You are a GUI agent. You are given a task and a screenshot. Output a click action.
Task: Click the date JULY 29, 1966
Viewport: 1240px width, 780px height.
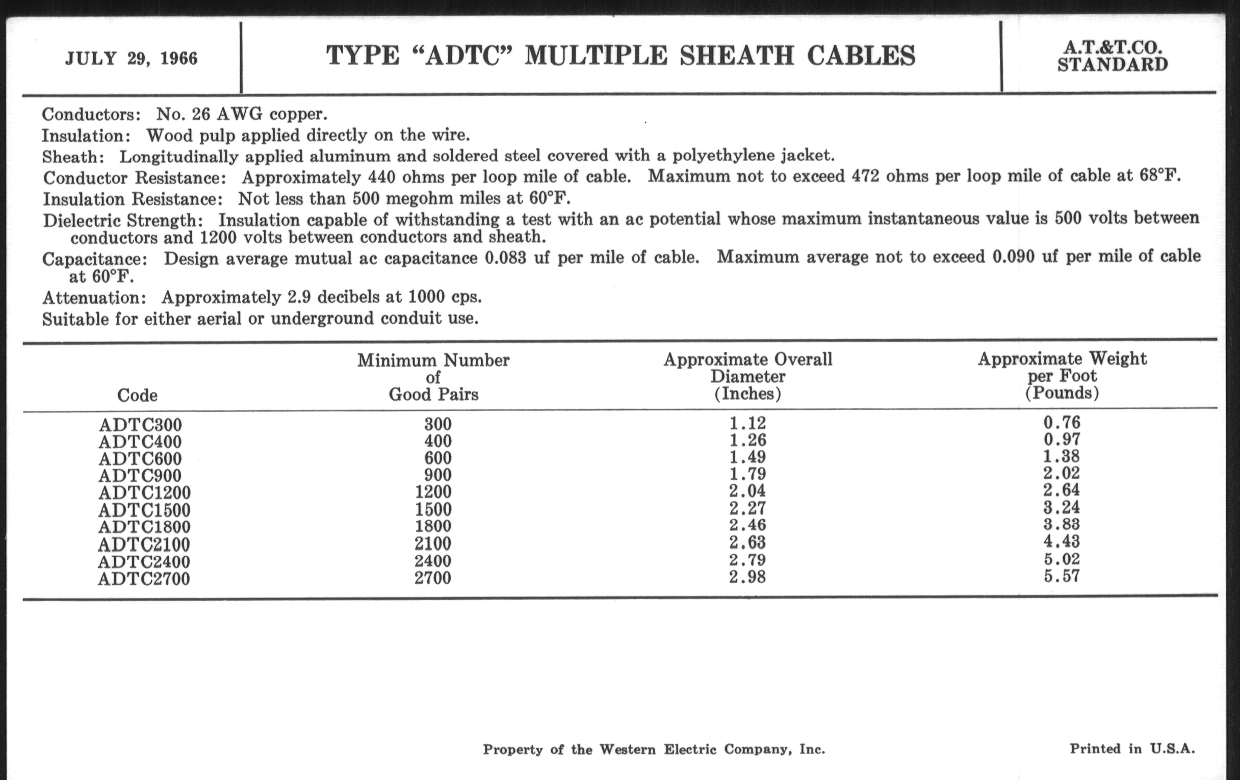click(x=132, y=58)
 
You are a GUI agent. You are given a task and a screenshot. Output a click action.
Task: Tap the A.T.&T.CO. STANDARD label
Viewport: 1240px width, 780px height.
click(x=1113, y=57)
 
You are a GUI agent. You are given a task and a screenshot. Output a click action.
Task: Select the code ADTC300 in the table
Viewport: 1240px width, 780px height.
click(x=140, y=425)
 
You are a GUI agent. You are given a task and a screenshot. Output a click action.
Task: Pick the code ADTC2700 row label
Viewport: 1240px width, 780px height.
click(x=144, y=579)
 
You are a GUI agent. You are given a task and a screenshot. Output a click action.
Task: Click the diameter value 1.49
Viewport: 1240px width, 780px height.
click(x=747, y=457)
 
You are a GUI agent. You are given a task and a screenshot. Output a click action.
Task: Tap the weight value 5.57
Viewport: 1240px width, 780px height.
click(x=1062, y=576)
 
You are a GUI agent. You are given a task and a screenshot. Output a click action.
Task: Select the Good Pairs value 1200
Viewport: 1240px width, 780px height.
click(x=433, y=492)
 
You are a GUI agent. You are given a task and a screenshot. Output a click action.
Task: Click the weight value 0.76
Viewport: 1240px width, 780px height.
click(x=1062, y=423)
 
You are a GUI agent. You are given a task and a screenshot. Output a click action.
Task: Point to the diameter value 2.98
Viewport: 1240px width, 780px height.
click(x=747, y=577)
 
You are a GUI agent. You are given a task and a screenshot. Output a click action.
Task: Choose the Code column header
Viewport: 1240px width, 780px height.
click(x=137, y=395)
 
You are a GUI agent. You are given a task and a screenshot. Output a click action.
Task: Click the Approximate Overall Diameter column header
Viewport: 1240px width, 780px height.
click(x=747, y=376)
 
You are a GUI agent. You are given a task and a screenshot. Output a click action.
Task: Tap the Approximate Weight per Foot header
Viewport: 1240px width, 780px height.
click(x=1062, y=376)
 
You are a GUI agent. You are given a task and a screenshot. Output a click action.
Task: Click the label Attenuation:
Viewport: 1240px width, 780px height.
click(x=94, y=298)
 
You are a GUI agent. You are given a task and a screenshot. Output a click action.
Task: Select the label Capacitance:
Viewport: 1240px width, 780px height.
click(x=95, y=258)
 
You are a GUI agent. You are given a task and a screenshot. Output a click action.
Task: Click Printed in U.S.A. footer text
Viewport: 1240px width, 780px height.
click(x=1132, y=748)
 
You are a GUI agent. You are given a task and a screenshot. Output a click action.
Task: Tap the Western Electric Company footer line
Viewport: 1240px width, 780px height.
click(x=654, y=749)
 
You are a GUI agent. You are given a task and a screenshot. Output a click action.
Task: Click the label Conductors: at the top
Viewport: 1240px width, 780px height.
click(x=91, y=114)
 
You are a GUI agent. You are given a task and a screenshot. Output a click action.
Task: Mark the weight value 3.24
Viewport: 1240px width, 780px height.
click(x=1062, y=508)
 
